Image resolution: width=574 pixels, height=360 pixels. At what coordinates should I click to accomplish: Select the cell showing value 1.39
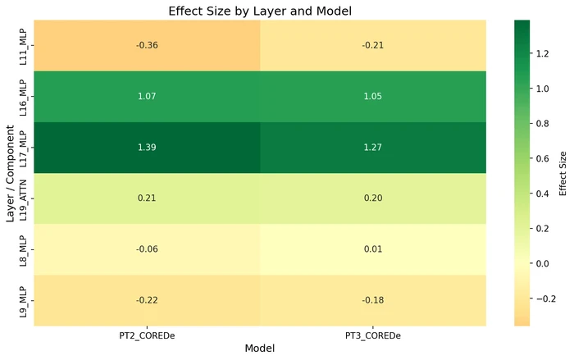pos(147,148)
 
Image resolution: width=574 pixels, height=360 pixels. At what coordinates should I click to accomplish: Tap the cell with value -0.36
pos(147,45)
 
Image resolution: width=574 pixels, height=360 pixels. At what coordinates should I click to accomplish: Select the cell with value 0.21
pos(147,198)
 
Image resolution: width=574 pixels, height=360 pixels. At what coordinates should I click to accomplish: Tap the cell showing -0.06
pos(147,249)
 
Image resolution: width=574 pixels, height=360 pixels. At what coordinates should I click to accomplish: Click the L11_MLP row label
pos(25,45)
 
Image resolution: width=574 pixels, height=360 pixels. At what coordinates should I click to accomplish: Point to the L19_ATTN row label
pos(25,198)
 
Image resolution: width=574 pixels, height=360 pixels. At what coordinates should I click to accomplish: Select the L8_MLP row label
pos(25,249)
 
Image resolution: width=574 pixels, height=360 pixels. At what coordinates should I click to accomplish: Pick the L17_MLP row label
pos(25,148)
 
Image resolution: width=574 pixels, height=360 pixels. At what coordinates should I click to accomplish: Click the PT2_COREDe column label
pos(147,335)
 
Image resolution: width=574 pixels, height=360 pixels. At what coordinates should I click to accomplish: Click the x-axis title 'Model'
pos(260,349)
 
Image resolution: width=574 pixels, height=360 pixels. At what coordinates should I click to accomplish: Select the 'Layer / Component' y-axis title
pos(11,173)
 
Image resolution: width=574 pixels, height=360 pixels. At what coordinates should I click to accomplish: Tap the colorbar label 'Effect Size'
pos(563,173)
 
